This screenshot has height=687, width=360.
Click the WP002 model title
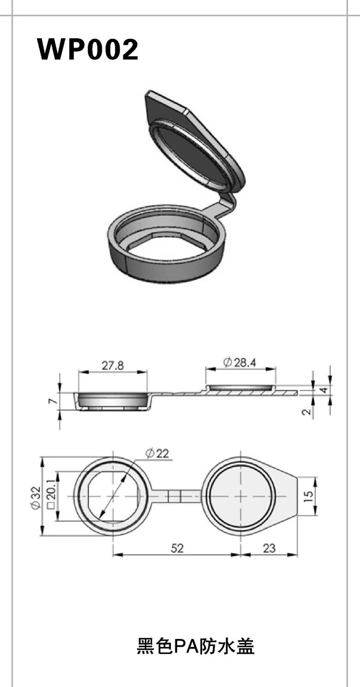point(88,49)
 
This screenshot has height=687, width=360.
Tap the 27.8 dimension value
point(113,366)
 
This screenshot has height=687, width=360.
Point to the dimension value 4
point(324,390)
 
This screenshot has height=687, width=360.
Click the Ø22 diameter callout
point(157,453)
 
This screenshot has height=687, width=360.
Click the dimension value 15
point(308,496)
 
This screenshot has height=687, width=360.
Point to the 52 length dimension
point(177,548)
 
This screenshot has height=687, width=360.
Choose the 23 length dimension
point(269,548)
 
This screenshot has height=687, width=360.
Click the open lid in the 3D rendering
point(194,143)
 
